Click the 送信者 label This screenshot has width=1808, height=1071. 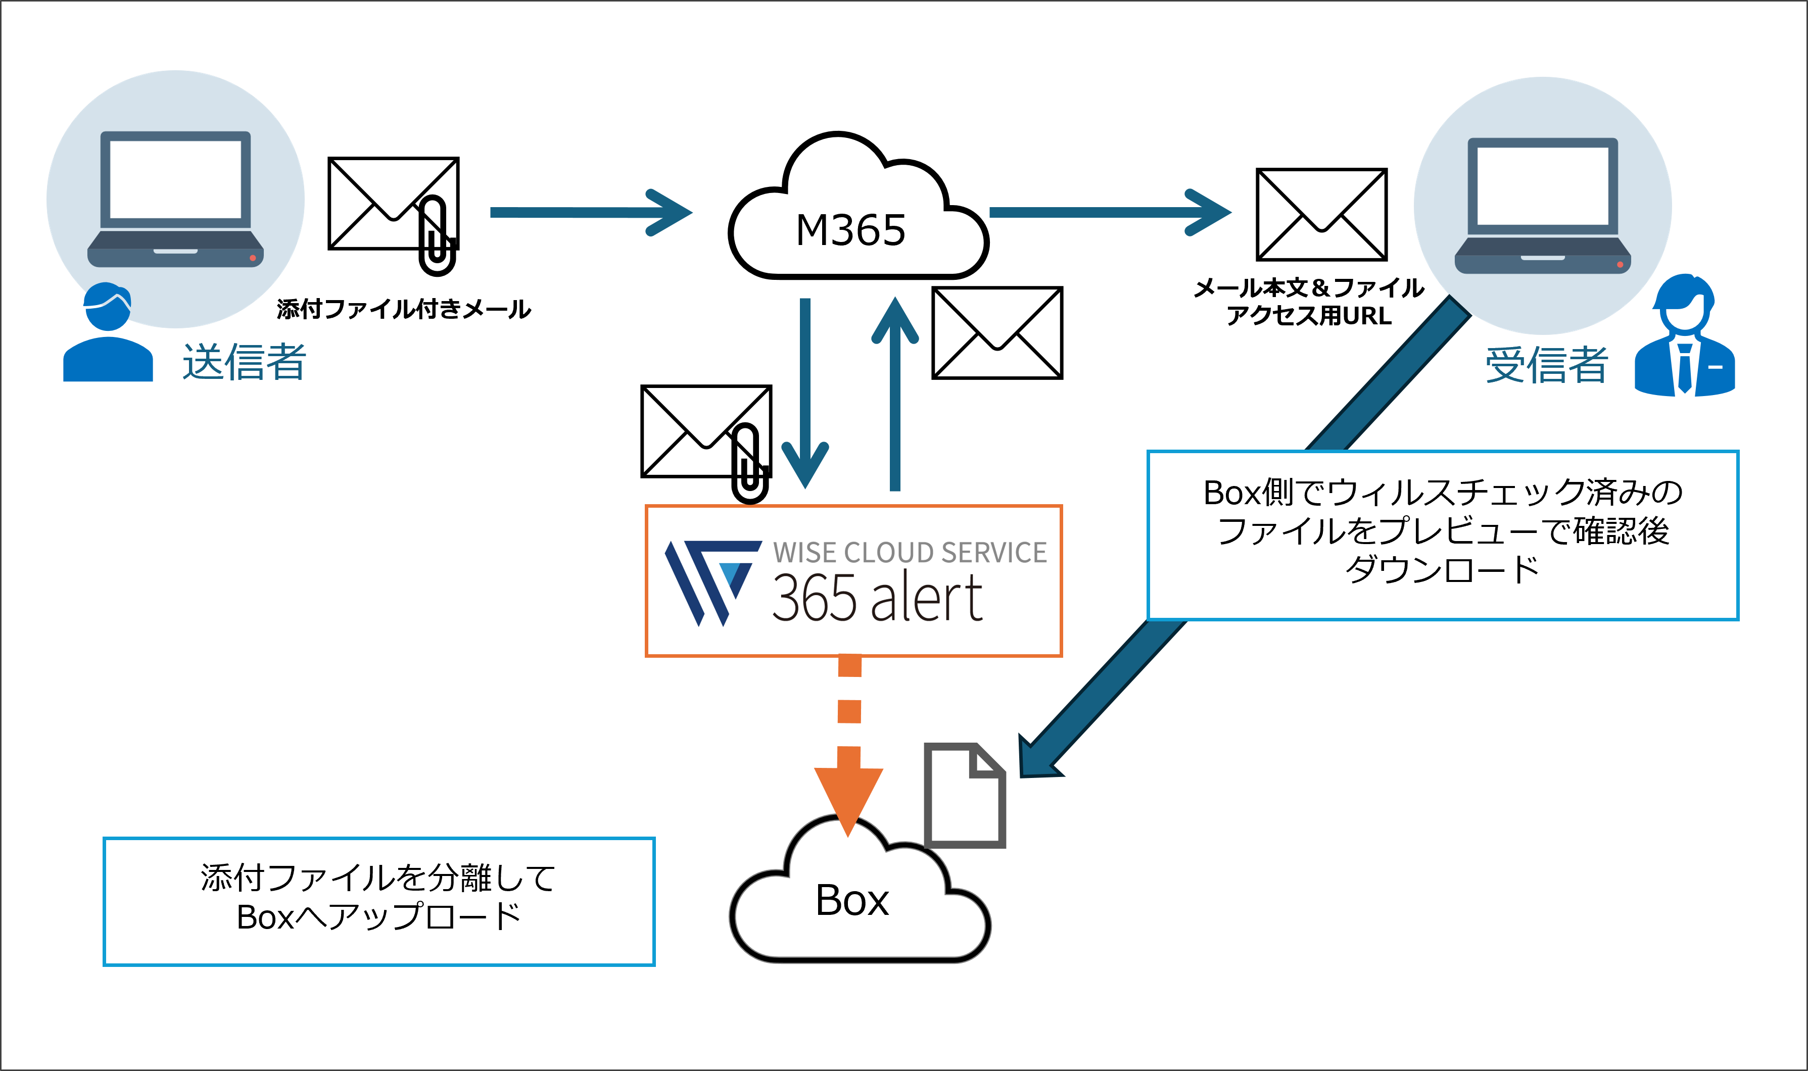pos(244,362)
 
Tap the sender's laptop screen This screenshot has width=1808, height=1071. pos(175,179)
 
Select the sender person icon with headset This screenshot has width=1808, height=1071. pos(108,333)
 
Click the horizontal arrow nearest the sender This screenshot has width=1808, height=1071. pos(590,212)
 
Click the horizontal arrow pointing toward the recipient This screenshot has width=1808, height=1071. pos(1109,212)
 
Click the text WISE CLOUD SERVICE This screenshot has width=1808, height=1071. pos(910,553)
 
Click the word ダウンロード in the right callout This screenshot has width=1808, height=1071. pos(1442,569)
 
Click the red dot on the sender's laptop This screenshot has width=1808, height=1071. pos(253,258)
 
